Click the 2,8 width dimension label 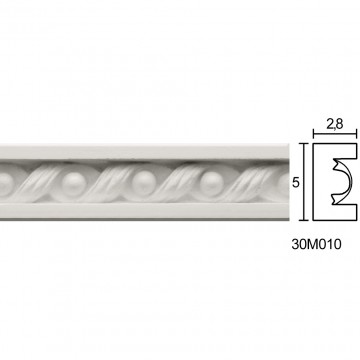(335, 124)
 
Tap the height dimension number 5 (296, 183)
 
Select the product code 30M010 (316, 244)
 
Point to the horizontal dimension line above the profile (335, 134)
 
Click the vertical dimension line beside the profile (303, 182)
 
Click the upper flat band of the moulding (144, 152)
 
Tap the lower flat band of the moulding (144, 210)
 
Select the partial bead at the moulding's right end (284, 183)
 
